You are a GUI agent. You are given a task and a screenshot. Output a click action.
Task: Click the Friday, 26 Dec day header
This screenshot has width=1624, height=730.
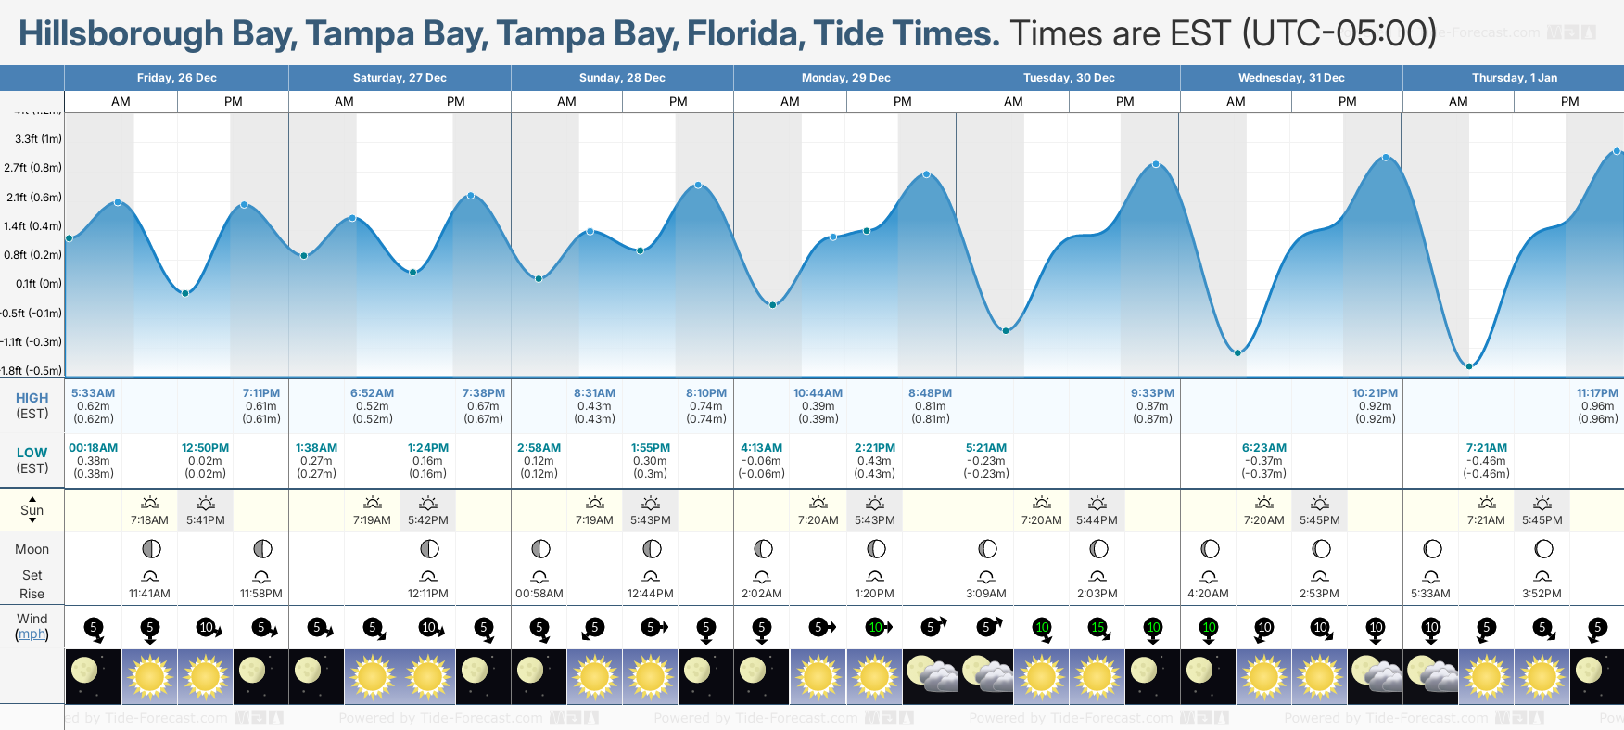(176, 78)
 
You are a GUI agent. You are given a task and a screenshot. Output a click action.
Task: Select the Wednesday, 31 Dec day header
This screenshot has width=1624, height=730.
(1291, 78)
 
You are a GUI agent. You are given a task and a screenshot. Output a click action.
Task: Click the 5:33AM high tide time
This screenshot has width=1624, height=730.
(93, 393)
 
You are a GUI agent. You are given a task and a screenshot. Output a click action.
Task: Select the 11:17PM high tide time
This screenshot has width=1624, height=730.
(1597, 393)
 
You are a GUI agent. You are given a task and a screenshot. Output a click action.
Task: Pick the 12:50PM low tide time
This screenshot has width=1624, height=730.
(205, 448)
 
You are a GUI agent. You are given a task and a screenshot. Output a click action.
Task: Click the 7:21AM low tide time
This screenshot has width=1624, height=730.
(1487, 448)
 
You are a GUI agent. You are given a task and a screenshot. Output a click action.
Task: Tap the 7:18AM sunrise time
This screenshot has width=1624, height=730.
(149, 520)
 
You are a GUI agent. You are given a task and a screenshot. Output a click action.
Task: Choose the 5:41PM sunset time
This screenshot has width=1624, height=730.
(206, 520)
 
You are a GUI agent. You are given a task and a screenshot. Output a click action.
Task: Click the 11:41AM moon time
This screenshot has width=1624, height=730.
(149, 594)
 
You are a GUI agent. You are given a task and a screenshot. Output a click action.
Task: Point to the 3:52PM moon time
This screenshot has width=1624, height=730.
(1542, 594)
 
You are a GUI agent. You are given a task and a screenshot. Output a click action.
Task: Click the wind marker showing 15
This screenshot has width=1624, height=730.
(1097, 628)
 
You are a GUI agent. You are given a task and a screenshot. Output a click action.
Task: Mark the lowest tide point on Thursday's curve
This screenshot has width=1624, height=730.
(1469, 366)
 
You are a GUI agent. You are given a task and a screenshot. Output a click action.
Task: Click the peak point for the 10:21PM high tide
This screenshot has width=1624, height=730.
(1386, 158)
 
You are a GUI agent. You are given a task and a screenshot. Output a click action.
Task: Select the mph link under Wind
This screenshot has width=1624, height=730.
(32, 634)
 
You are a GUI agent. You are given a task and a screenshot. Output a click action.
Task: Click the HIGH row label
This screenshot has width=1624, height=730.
(32, 398)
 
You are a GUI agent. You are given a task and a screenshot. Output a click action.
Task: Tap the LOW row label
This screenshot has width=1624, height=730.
(32, 453)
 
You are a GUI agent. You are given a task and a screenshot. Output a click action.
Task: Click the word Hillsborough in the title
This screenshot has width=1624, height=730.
(121, 33)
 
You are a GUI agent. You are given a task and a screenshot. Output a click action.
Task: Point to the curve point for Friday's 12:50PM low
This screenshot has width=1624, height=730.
(185, 293)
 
